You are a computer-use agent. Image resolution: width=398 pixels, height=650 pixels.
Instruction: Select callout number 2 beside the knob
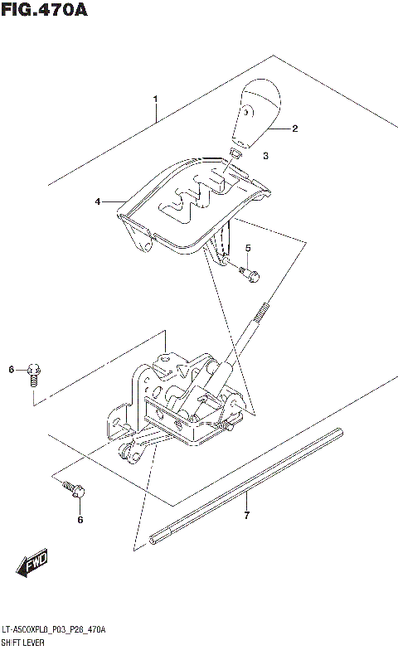pos(294,129)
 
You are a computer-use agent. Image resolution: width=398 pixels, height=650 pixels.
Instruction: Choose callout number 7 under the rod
pos(246,518)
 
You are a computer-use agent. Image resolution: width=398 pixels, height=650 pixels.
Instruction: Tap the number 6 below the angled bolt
pos(80,520)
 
